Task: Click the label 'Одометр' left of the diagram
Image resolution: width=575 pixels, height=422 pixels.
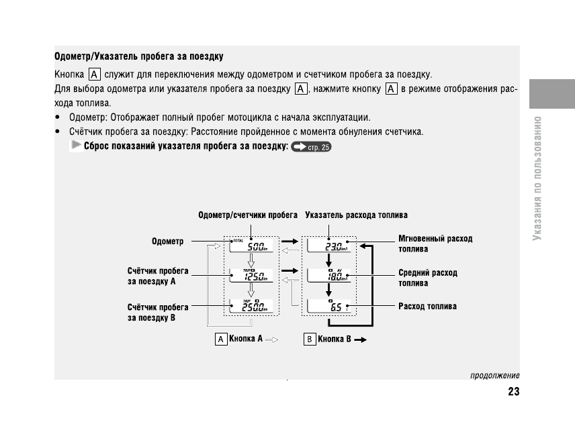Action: click(x=168, y=241)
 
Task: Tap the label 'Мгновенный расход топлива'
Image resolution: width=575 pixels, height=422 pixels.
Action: click(x=435, y=244)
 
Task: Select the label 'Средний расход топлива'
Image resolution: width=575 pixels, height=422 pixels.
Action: click(x=428, y=278)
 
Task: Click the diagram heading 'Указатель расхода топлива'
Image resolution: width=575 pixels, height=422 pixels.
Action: click(x=356, y=215)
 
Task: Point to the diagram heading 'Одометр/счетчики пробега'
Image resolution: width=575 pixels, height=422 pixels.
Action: click(x=248, y=215)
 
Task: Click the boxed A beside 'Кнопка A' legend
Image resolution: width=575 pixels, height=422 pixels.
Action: click(x=220, y=339)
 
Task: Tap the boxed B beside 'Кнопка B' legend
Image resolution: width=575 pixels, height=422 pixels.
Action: click(x=309, y=339)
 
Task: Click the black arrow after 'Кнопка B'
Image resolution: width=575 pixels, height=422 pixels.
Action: click(x=360, y=340)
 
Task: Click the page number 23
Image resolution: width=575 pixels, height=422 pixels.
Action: click(x=514, y=392)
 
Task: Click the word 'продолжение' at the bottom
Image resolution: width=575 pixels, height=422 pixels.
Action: click(x=494, y=376)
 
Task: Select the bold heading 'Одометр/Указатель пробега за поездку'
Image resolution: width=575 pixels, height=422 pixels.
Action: click(x=139, y=56)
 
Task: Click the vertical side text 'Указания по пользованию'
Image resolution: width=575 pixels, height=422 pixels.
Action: click(x=537, y=180)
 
